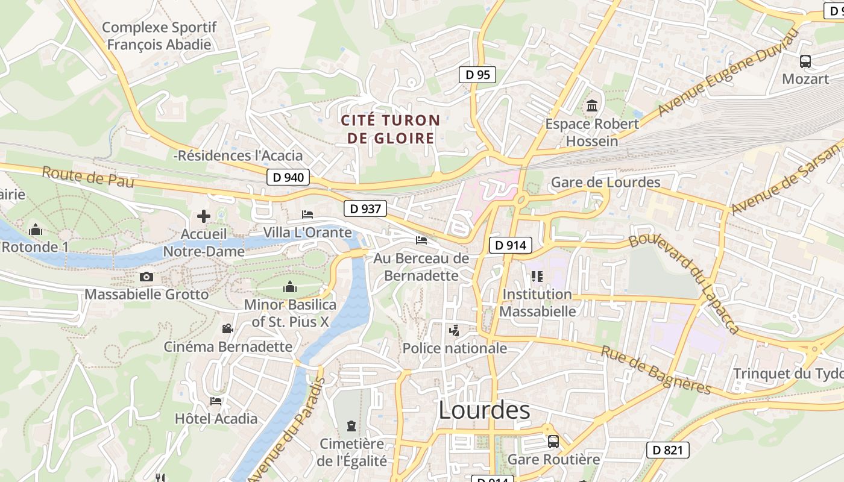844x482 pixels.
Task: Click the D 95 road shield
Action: point(477,75)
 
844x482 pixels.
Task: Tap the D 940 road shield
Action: point(288,177)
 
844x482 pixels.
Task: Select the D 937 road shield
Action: point(365,208)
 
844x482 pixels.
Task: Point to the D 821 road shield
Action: point(667,449)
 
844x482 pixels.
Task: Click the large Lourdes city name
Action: point(484,410)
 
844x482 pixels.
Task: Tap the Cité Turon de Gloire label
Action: point(391,129)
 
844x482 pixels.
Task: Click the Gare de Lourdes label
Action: point(606,182)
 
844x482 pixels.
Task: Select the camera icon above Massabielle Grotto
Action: point(146,277)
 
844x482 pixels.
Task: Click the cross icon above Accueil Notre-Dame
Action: point(204,216)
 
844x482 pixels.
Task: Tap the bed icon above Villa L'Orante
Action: point(307,214)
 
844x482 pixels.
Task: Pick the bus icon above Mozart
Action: point(805,61)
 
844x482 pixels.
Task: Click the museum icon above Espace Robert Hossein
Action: point(592,106)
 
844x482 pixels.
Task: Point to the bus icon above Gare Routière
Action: point(553,442)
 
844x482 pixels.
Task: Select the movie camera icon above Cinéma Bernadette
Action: point(227,328)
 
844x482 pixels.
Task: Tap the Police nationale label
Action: point(455,348)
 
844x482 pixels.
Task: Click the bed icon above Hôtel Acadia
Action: point(216,401)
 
